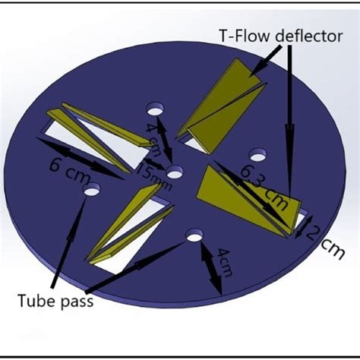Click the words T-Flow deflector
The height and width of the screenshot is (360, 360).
(281, 36)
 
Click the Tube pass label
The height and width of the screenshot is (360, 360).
(55, 301)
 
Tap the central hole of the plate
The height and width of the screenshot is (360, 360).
(175, 172)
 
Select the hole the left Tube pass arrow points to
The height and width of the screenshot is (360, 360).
(92, 189)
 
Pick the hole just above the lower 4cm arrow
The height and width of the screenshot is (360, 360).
(194, 235)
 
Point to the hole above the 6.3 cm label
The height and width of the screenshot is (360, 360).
(258, 155)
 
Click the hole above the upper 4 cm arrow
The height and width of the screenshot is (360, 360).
(155, 109)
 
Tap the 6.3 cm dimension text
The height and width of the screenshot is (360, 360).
(264, 187)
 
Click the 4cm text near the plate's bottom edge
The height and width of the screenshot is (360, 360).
(225, 263)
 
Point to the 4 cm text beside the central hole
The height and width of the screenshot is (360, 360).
(153, 140)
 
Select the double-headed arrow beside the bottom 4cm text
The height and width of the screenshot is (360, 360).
(211, 268)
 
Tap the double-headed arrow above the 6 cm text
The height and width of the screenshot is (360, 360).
(80, 159)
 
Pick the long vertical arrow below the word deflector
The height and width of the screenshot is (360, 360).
(290, 122)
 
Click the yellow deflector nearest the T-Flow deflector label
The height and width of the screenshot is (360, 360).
(221, 107)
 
